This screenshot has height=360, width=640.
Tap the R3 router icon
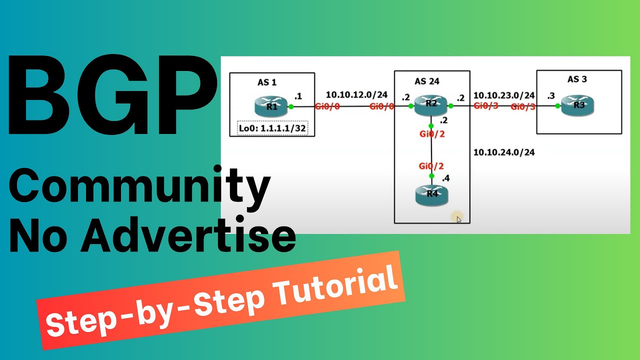[x=578, y=106]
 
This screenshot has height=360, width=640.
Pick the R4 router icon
[x=431, y=194]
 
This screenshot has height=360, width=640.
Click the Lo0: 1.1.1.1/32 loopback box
[x=272, y=129]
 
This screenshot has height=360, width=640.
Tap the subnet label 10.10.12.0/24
[x=356, y=94]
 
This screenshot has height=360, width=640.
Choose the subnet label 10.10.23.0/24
[x=504, y=95]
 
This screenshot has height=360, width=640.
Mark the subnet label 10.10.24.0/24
[x=504, y=152]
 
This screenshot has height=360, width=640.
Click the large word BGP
[x=110, y=97]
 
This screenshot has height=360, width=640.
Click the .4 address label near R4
[x=444, y=177]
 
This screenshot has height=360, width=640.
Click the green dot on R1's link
[x=291, y=106]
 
